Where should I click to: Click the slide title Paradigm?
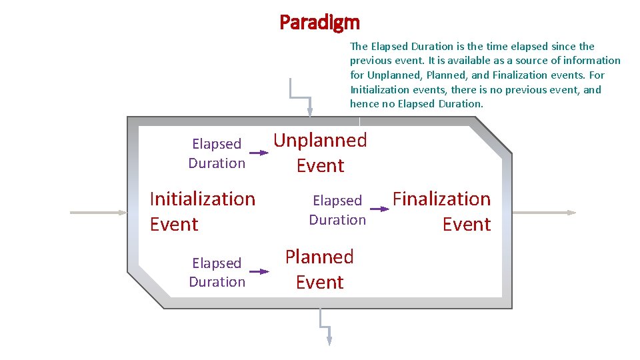pos(319,23)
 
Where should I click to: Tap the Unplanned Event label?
pos(320,153)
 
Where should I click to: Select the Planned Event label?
pos(319,269)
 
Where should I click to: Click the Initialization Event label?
pos(202,211)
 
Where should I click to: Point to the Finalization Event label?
pos(441,211)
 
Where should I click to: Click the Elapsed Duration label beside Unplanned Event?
pos(217,153)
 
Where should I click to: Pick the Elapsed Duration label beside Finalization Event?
pos(337,210)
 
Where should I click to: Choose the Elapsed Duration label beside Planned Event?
pos(217,272)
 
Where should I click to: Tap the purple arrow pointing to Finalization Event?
pos(379,209)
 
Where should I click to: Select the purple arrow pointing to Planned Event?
pos(259,271)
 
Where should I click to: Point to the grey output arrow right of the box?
pos(544,213)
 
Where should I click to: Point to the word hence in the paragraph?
pos(364,103)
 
